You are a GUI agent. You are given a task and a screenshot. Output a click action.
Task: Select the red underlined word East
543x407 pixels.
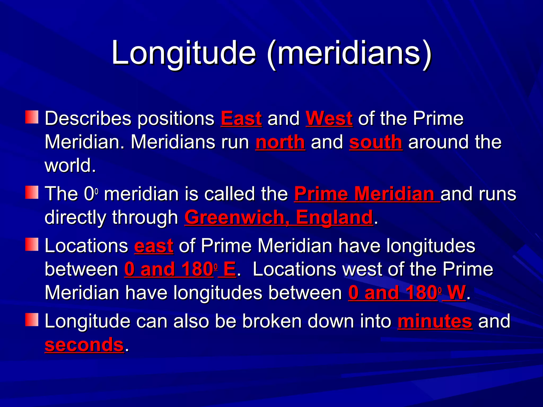tap(241, 118)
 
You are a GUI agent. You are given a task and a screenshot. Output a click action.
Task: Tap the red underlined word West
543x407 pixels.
tap(329, 118)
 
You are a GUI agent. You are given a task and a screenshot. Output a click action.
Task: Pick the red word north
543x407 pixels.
tap(280, 142)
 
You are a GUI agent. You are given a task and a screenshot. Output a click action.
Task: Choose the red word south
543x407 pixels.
tap(375, 142)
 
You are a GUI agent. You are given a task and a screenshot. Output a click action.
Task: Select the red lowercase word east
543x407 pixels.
tap(154, 246)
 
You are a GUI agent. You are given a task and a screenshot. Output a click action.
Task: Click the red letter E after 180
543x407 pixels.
tap(229, 269)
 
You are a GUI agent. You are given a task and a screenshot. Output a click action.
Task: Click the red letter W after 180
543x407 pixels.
tap(456, 293)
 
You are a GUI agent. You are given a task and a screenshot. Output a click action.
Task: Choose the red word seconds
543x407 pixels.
tap(84, 345)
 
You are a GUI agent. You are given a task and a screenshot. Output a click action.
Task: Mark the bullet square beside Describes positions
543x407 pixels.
tap(32, 117)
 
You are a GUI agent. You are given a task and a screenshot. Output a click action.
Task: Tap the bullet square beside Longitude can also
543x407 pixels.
tap(32, 320)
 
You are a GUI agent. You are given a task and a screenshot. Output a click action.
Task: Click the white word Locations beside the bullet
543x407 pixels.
tap(86, 246)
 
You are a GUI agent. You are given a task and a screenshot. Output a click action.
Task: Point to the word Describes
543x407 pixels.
tap(88, 118)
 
